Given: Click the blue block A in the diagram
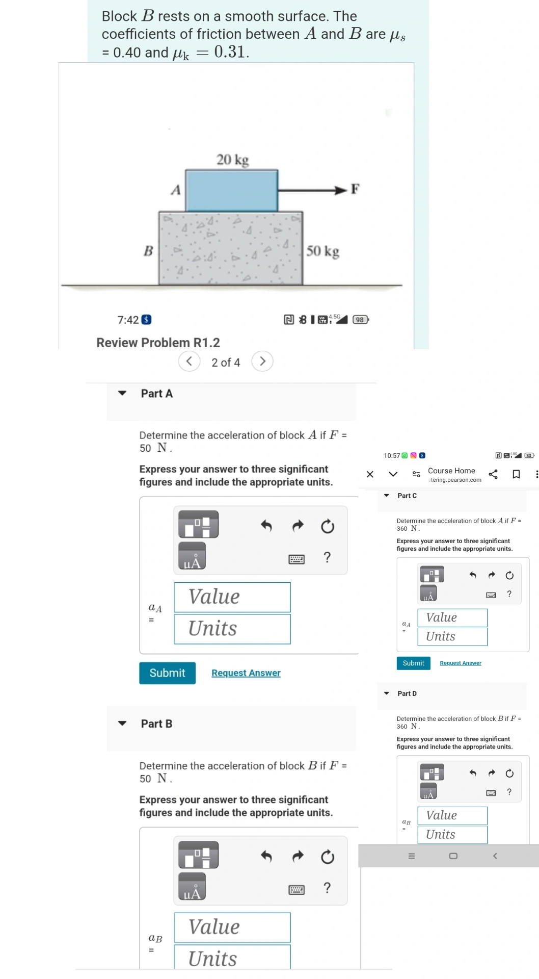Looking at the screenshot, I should pyautogui.click(x=232, y=190).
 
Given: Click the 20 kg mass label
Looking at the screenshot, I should pyautogui.click(x=232, y=160).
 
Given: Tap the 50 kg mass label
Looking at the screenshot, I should pyautogui.click(x=322, y=251).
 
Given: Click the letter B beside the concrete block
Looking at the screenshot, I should pyautogui.click(x=148, y=251).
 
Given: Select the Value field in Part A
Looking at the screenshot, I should pyautogui.click(x=232, y=597).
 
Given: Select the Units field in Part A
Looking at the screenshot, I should pyautogui.click(x=232, y=629).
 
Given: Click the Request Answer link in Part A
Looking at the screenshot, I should pyautogui.click(x=246, y=673).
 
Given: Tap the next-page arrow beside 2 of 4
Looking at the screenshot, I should pyautogui.click(x=262, y=362).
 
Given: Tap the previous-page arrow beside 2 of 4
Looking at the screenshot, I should pyautogui.click(x=189, y=362).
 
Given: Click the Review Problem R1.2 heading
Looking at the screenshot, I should pyautogui.click(x=158, y=343).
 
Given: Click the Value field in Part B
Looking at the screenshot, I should pyautogui.click(x=232, y=927).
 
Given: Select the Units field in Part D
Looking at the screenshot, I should pyautogui.click(x=452, y=835).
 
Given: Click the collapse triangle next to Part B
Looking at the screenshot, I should pyautogui.click(x=122, y=723).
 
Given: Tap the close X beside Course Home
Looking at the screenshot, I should pyautogui.click(x=370, y=474).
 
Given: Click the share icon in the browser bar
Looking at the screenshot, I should pyautogui.click(x=493, y=474).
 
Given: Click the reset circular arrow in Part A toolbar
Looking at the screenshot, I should pyautogui.click(x=328, y=526).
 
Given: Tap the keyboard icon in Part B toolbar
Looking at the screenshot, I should pyautogui.click(x=297, y=890).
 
